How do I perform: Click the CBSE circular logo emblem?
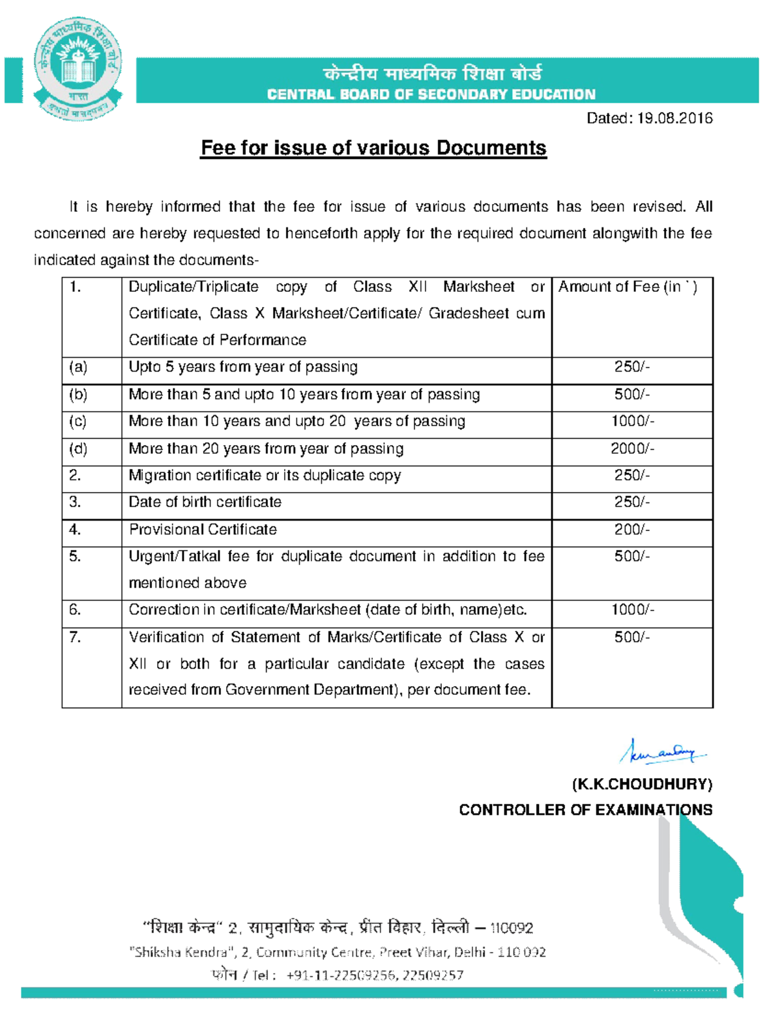pyautogui.click(x=78, y=68)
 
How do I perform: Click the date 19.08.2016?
pyautogui.click(x=674, y=118)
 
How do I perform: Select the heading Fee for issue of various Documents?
pyautogui.click(x=373, y=148)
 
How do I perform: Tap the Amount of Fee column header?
pyautogui.click(x=627, y=287)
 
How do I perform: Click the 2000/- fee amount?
pyautogui.click(x=631, y=448)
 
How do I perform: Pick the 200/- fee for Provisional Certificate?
pyautogui.click(x=631, y=529)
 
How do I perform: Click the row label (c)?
pyautogui.click(x=78, y=422)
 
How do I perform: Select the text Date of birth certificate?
pyautogui.click(x=205, y=502)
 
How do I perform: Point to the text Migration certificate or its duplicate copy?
pyautogui.click(x=265, y=475)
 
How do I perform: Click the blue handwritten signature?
pyautogui.click(x=662, y=752)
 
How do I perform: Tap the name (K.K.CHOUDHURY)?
pyautogui.click(x=642, y=784)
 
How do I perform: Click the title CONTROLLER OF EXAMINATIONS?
pyautogui.click(x=585, y=810)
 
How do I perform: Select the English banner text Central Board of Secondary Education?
pyautogui.click(x=431, y=94)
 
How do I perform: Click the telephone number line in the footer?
pyautogui.click(x=338, y=976)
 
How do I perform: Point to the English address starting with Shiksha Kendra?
pyautogui.click(x=338, y=952)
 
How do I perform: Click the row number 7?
pyautogui.click(x=75, y=637)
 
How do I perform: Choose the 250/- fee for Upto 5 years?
pyautogui.click(x=631, y=367)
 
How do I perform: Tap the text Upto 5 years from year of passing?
pyautogui.click(x=243, y=367)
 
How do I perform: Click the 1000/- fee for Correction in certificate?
pyautogui.click(x=631, y=610)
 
